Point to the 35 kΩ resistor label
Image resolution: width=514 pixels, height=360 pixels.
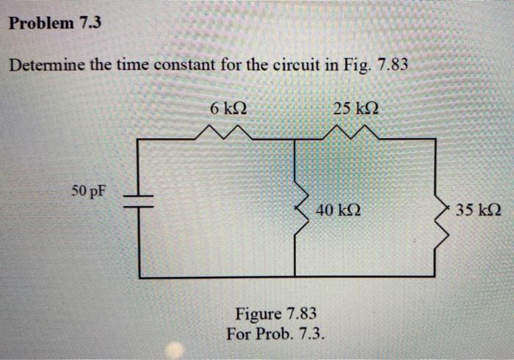(477, 210)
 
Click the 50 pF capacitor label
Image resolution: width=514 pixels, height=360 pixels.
(89, 192)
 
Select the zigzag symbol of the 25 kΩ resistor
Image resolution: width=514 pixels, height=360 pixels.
(355, 132)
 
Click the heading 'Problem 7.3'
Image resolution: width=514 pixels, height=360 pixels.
(54, 23)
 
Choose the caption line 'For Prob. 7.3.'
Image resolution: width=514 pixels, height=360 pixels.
(275, 331)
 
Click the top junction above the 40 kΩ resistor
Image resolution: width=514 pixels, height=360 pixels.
(294, 138)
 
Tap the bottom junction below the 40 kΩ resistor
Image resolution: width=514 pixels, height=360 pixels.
(294, 277)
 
